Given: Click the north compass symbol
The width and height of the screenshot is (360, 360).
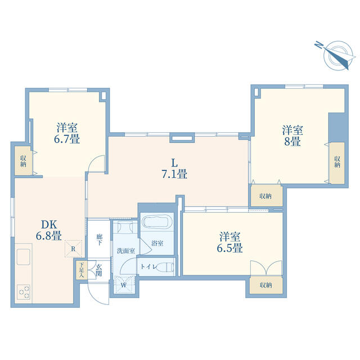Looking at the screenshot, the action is pyautogui.click(x=336, y=55).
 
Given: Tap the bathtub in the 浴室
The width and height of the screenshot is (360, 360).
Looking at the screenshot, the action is pyautogui.click(x=157, y=221).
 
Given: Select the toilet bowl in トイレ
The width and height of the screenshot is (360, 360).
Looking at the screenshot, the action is pyautogui.click(x=166, y=267).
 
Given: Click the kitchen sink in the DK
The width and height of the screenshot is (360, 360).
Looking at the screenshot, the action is pyautogui.click(x=23, y=256).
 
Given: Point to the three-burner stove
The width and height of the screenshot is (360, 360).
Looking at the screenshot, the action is pyautogui.click(x=24, y=291).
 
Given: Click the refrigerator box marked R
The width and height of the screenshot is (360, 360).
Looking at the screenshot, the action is pyautogui.click(x=73, y=249).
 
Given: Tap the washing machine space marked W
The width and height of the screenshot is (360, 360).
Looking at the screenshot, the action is pyautogui.click(x=124, y=285).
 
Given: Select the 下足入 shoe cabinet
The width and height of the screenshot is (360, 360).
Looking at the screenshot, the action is pyautogui.click(x=82, y=270).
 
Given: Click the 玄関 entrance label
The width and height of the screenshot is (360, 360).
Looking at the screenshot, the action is pyautogui.click(x=99, y=270).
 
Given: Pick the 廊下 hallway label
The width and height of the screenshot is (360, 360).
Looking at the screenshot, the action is pyautogui.click(x=99, y=240).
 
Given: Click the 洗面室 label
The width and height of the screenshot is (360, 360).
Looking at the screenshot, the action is pyautogui.click(x=126, y=251).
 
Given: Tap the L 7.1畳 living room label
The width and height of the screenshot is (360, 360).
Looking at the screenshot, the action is pyautogui.click(x=174, y=169).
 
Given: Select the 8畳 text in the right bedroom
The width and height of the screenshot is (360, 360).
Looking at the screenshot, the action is pyautogui.click(x=292, y=141).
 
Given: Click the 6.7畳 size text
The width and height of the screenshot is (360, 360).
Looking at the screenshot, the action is pyautogui.click(x=67, y=139).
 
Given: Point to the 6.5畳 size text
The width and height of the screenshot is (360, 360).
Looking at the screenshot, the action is pyautogui.click(x=230, y=248).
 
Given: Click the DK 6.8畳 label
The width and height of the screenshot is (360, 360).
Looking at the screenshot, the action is pyautogui.click(x=49, y=230).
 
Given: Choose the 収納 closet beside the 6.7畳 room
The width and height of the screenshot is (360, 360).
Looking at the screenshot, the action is pyautogui.click(x=23, y=161).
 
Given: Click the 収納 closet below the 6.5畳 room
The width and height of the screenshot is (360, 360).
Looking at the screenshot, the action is pyautogui.click(x=266, y=285).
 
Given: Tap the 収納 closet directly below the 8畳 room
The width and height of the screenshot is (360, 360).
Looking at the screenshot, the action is pyautogui.click(x=265, y=196).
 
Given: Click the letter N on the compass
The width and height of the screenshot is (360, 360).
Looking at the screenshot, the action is pyautogui.click(x=318, y=45).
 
